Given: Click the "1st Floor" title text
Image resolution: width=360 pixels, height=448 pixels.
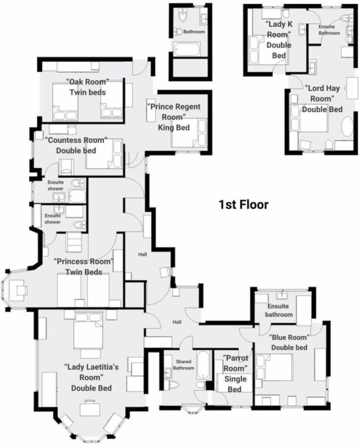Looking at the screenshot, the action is (243, 205).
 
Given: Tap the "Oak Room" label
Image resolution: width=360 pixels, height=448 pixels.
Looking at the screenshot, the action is (88, 82).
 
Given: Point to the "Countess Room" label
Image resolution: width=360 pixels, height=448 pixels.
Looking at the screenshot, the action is (76, 140).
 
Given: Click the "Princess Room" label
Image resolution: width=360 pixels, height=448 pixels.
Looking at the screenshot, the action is (83, 261).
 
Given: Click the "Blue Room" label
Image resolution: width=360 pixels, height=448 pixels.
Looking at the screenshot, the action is (289, 337).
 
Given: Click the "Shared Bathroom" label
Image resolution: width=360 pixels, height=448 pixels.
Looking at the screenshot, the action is (183, 365).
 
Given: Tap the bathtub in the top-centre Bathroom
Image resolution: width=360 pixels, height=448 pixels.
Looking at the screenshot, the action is (187, 49).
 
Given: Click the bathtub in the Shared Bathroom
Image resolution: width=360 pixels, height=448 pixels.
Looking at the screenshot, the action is (204, 365).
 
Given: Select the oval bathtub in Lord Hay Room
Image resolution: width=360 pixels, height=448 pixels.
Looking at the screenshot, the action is (347, 127).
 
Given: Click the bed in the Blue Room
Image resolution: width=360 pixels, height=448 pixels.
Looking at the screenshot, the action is (275, 367).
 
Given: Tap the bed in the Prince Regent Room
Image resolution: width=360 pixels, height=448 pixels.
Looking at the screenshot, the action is (189, 133).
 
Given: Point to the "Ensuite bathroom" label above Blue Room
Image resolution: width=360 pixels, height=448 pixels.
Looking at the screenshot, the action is (278, 310).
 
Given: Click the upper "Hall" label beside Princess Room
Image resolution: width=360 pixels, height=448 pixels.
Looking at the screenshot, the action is (142, 254).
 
